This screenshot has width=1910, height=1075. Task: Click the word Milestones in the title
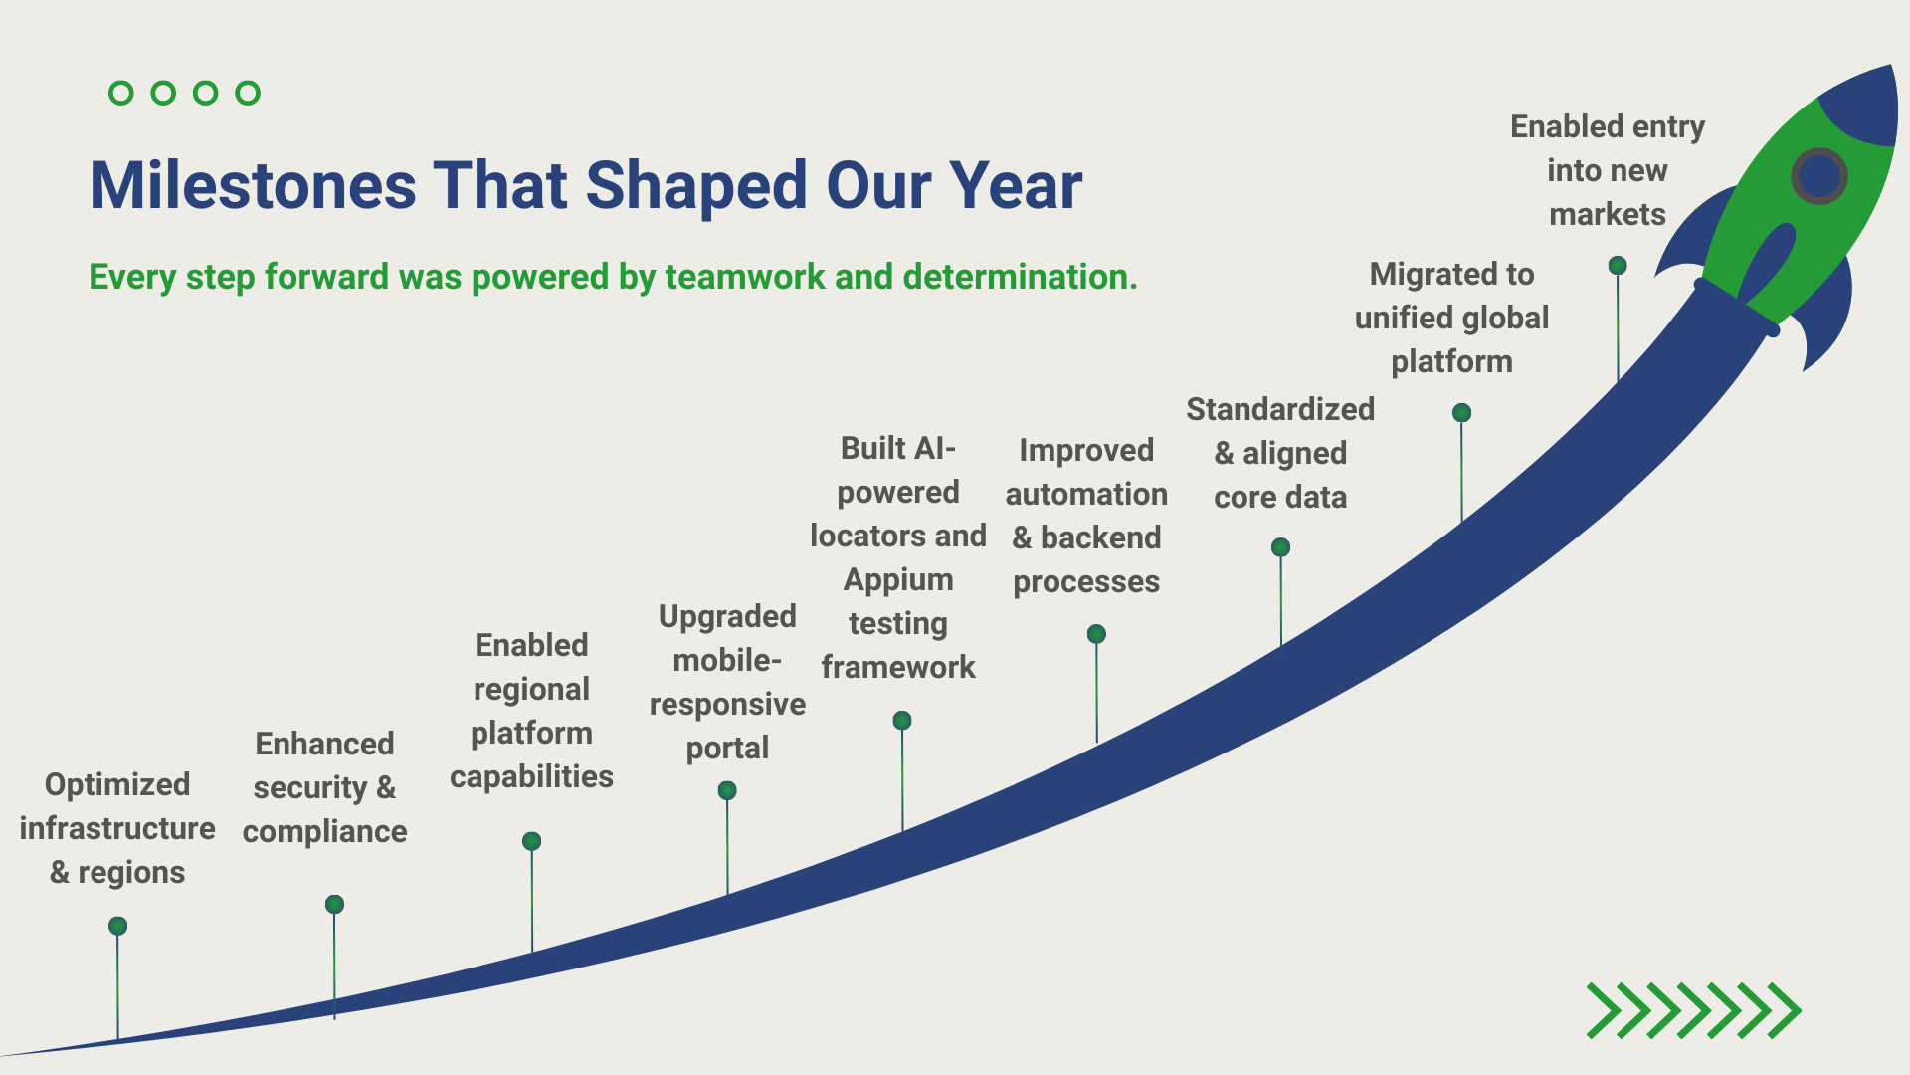[x=254, y=186]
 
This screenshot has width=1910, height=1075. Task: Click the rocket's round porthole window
[x=1819, y=176]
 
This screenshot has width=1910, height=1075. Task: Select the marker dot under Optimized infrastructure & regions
[x=117, y=926]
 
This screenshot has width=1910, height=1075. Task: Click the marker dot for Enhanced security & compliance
[x=334, y=904]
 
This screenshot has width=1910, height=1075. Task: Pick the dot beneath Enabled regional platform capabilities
[x=532, y=841]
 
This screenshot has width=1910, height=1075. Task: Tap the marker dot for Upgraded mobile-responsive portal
[x=727, y=790]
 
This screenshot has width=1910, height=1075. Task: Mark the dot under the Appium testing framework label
[x=902, y=720]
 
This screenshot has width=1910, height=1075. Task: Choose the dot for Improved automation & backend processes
[x=1096, y=634]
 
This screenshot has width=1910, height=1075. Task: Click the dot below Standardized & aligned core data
[x=1281, y=547]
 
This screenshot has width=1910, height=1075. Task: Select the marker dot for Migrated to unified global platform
[x=1461, y=412]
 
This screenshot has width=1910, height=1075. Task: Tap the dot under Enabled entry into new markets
[x=1618, y=265]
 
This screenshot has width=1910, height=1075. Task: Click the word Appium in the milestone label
[x=898, y=580]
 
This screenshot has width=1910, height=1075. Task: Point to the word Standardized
[x=1280, y=409]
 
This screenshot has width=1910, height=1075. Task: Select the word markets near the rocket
[x=1608, y=214]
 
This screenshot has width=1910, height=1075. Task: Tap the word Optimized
[x=117, y=785]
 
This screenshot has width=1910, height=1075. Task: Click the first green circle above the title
[x=120, y=93]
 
